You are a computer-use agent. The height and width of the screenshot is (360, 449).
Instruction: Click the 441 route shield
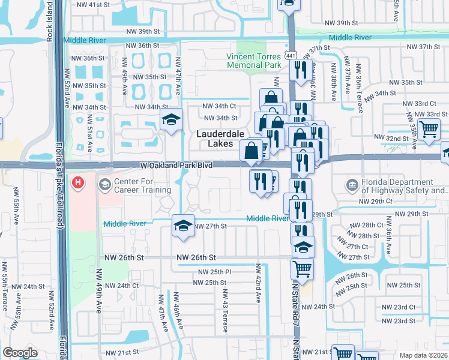point(291,55)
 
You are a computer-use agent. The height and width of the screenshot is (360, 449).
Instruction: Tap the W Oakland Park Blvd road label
point(169,164)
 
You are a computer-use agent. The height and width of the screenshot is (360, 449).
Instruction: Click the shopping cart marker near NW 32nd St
point(429,128)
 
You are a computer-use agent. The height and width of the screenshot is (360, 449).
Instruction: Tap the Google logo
point(20,353)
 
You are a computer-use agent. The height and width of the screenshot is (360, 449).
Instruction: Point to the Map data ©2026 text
point(423,355)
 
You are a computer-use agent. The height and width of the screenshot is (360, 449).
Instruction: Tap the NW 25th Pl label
point(211,272)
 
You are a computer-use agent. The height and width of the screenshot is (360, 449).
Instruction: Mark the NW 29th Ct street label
point(376,202)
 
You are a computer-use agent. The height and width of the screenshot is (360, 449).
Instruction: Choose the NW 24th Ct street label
point(120,286)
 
